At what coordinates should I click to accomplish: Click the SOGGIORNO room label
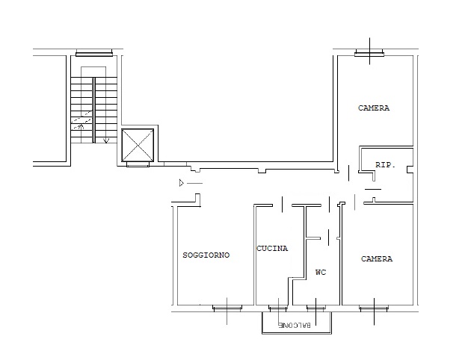click(x=206, y=255)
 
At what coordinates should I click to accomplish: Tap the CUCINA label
click(x=272, y=249)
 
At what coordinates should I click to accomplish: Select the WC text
click(x=321, y=272)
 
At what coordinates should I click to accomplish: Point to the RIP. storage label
click(x=385, y=165)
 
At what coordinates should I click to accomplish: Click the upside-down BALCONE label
click(x=295, y=325)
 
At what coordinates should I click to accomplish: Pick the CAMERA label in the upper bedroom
click(x=374, y=108)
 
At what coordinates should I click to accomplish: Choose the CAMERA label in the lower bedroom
click(x=377, y=258)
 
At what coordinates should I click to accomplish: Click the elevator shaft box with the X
click(x=138, y=145)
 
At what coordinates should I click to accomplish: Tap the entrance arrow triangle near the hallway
click(x=182, y=183)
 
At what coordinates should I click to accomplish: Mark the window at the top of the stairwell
click(x=94, y=54)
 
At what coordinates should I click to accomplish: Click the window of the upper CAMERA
click(x=369, y=54)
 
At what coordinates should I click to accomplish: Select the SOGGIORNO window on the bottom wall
click(x=227, y=307)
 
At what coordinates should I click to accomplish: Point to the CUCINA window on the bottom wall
click(x=278, y=307)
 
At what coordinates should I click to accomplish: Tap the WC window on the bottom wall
click(x=315, y=307)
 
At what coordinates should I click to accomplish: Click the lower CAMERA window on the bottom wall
click(x=374, y=307)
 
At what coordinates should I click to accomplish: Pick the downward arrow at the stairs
click(x=106, y=140)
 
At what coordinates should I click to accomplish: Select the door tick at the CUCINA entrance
click(x=282, y=205)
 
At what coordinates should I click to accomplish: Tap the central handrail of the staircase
click(x=93, y=110)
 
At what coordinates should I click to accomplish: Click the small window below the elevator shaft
click(x=138, y=164)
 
